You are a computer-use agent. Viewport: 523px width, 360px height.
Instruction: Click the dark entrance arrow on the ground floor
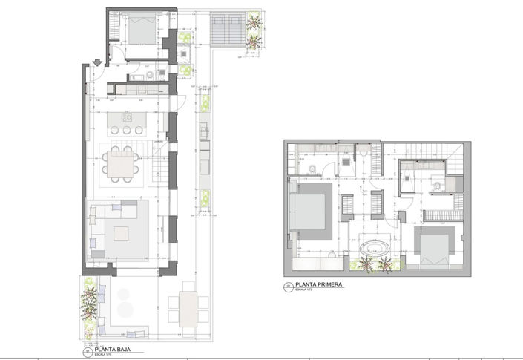[98, 62]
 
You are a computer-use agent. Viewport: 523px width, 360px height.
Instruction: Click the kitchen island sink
[126, 117]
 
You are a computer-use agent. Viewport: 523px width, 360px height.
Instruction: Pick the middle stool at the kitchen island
[126, 130]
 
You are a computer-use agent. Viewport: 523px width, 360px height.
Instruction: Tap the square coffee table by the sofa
[124, 233]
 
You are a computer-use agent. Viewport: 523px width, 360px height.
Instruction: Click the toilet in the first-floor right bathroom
[438, 183]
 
